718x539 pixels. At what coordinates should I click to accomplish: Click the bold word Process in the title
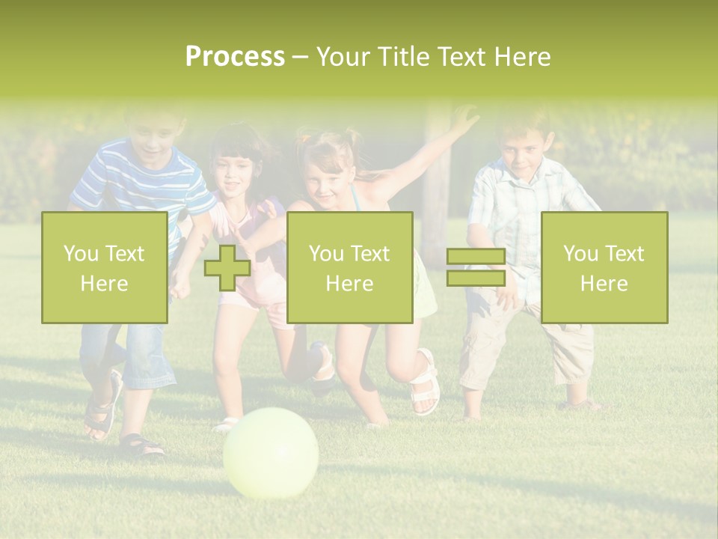click(235, 57)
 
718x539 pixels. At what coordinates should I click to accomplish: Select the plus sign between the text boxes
click(227, 268)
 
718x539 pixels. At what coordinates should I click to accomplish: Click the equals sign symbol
click(476, 268)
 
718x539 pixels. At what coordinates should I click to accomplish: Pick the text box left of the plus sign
click(105, 267)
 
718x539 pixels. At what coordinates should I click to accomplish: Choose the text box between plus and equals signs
click(349, 267)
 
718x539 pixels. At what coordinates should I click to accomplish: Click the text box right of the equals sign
click(604, 267)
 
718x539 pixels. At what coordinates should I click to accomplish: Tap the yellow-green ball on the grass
click(271, 452)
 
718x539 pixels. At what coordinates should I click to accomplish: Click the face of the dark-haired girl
click(235, 175)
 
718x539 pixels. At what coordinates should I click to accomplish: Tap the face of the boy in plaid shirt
click(522, 153)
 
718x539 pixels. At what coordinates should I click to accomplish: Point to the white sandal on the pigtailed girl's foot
click(425, 383)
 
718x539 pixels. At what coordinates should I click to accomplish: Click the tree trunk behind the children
click(436, 187)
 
